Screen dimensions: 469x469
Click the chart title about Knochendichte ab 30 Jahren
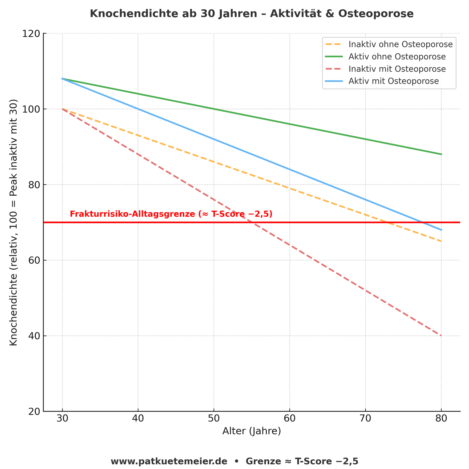point(252,14)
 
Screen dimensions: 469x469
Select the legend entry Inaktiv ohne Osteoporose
point(401,44)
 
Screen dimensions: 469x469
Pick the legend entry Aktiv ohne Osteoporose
point(397,57)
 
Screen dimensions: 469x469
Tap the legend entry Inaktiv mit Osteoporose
point(397,69)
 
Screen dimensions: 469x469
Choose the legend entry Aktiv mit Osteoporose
point(394,81)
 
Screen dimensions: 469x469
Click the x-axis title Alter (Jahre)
point(252,431)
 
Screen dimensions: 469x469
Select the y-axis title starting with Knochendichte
point(13,222)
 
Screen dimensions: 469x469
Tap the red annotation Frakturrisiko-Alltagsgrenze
point(171,214)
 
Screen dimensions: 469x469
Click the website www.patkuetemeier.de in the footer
point(169,461)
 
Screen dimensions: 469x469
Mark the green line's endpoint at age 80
point(441,154)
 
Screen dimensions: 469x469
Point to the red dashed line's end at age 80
point(441,336)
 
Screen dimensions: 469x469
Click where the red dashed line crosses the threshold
point(252,222)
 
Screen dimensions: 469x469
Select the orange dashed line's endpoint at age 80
point(441,241)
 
